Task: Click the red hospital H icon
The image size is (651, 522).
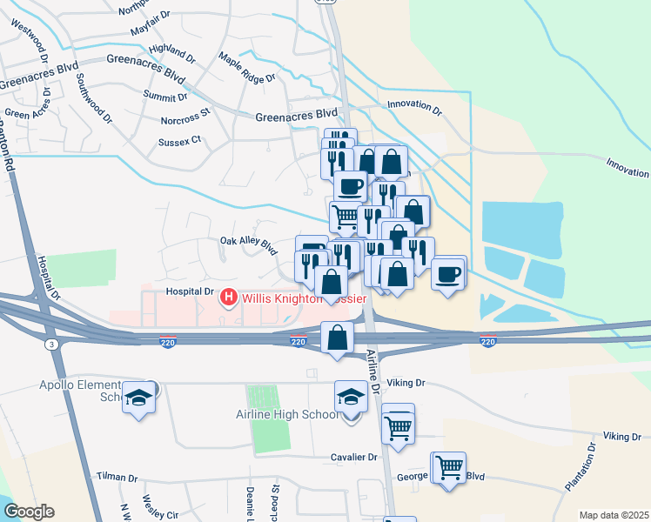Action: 229,298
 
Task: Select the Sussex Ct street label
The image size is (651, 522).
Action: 180,139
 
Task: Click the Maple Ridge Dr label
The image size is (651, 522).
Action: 247,69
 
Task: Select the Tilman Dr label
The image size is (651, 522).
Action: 117,478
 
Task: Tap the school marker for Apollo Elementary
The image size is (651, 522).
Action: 139,398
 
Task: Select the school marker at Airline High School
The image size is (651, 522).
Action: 352,397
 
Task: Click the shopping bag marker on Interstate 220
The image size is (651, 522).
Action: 337,338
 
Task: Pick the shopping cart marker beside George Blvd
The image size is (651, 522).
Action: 449,468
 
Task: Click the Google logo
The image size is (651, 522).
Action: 29,512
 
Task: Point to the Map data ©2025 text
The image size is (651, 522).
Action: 614,515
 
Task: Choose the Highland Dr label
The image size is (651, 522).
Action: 172,50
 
